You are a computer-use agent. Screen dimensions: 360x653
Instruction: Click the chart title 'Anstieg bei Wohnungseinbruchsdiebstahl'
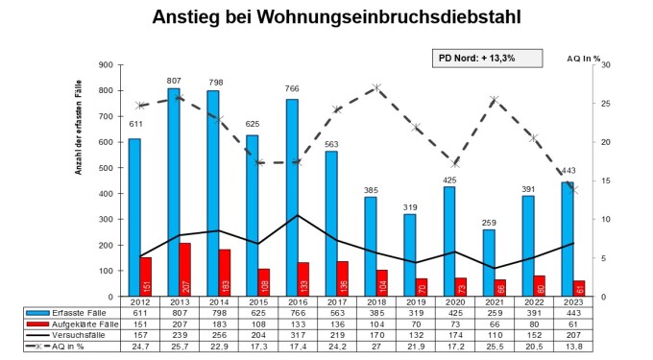[x=326, y=17]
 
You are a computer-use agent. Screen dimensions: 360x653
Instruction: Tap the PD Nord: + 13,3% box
[x=477, y=58]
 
